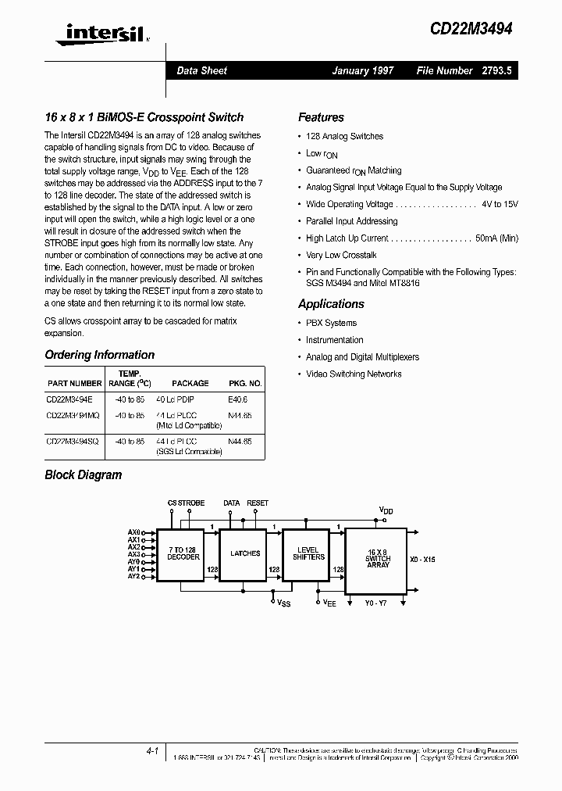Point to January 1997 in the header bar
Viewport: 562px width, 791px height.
(x=363, y=70)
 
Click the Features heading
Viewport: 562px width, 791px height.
(x=321, y=118)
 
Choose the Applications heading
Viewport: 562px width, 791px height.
(x=331, y=304)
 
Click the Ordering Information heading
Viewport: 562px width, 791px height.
(x=100, y=355)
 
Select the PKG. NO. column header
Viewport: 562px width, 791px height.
(x=244, y=384)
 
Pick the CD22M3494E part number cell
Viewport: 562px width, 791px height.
(x=69, y=399)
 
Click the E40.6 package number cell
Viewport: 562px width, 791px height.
(x=238, y=399)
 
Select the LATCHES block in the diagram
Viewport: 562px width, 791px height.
(x=245, y=553)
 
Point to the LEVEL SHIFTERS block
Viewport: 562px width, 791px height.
(x=308, y=553)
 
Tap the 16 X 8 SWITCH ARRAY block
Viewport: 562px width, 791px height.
(x=377, y=557)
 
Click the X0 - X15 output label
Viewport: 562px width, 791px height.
(x=423, y=560)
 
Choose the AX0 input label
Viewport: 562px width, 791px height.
(x=133, y=532)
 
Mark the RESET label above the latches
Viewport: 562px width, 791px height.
(x=258, y=503)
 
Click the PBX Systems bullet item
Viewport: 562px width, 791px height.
(x=331, y=323)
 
